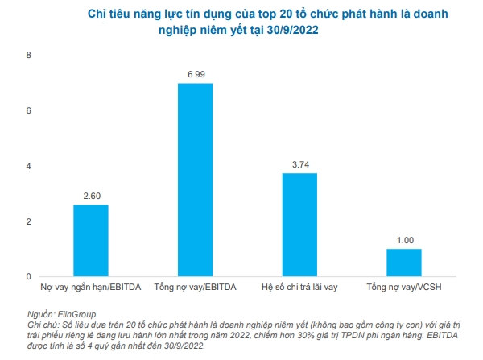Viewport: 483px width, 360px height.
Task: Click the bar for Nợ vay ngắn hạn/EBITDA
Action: coord(90,240)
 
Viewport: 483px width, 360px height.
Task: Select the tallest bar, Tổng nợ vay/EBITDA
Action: coord(195,180)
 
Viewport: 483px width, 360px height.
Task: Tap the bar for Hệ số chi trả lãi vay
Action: coord(299,225)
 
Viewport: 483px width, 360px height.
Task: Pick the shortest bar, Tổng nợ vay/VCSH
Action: coord(403,263)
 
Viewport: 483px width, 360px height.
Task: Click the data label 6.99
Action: coord(195,74)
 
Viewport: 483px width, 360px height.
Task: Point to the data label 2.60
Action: coord(90,196)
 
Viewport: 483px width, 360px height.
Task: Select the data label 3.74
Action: coord(299,164)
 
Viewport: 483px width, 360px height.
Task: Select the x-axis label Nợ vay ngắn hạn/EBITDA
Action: coord(91,288)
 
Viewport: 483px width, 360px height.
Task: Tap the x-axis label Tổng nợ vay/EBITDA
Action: coord(195,288)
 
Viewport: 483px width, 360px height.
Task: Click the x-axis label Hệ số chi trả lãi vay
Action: coord(299,288)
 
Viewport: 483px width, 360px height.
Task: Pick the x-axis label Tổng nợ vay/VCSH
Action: coord(404,288)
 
